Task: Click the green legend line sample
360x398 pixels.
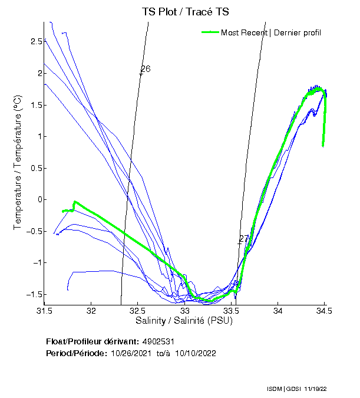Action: [210, 32]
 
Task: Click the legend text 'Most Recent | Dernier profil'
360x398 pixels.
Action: [271, 32]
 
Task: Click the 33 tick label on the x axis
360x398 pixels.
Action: [185, 311]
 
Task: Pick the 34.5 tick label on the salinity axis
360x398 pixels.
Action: [323, 311]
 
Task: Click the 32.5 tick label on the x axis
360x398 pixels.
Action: [137, 311]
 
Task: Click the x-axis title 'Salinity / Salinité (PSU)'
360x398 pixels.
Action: [184, 321]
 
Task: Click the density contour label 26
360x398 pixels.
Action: [146, 69]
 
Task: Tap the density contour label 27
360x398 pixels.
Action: [244, 239]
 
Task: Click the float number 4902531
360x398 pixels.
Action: [158, 341]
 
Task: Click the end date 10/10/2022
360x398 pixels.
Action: [194, 353]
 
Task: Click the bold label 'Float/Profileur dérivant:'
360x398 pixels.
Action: [92, 341]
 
